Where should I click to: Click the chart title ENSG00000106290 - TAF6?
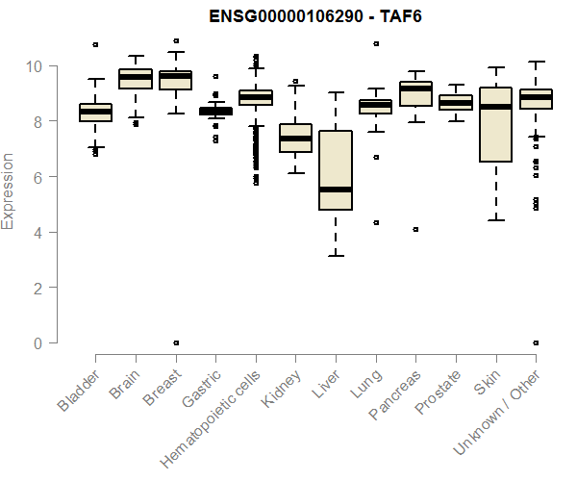click(316, 17)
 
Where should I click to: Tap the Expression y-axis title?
click(9, 191)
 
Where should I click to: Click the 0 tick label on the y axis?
click(39, 342)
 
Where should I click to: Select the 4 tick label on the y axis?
click(39, 232)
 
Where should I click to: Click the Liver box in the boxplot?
click(336, 170)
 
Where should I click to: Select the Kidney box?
click(295, 138)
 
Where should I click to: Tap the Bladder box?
click(95, 113)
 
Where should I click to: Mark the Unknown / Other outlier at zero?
click(535, 342)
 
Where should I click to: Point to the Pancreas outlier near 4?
click(415, 229)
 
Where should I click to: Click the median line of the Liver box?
click(336, 190)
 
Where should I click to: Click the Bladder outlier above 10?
click(95, 44)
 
